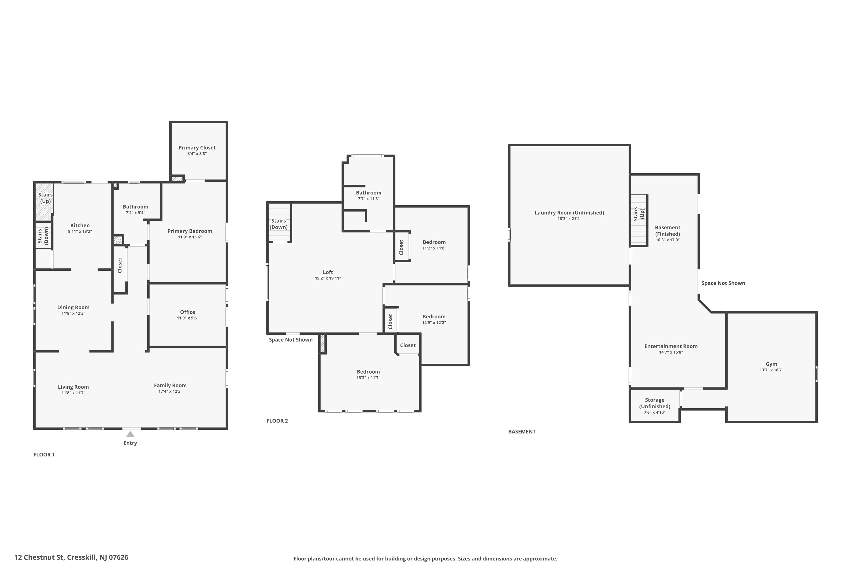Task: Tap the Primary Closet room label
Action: tap(197, 147)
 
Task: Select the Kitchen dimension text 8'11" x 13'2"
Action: tap(80, 231)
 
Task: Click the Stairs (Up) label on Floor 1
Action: tap(45, 198)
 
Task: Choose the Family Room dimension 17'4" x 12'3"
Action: tap(170, 391)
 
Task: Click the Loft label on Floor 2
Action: tap(328, 272)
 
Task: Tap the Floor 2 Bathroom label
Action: tap(368, 193)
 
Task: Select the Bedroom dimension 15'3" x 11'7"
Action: tap(368, 378)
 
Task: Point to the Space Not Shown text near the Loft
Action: tap(290, 340)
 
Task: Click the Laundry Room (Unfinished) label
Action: tap(569, 213)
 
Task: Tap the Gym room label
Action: tap(771, 364)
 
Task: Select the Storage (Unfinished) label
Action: tap(654, 403)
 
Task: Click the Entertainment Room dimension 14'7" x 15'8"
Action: tap(671, 352)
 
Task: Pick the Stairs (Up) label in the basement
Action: tap(639, 214)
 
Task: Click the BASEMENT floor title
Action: tap(522, 431)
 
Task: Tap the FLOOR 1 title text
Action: tap(44, 454)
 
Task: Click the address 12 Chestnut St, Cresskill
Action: tap(71, 557)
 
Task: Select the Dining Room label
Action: tap(73, 307)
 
